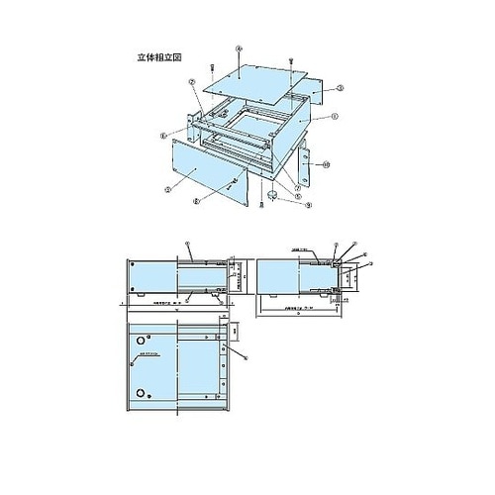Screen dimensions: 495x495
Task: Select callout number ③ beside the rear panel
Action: (x=340, y=88)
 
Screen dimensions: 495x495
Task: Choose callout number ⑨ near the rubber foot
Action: (x=308, y=206)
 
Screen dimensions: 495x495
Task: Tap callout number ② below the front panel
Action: (x=169, y=184)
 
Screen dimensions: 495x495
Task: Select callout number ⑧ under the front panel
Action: (x=196, y=201)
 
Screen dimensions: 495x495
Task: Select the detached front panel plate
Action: (x=209, y=174)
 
